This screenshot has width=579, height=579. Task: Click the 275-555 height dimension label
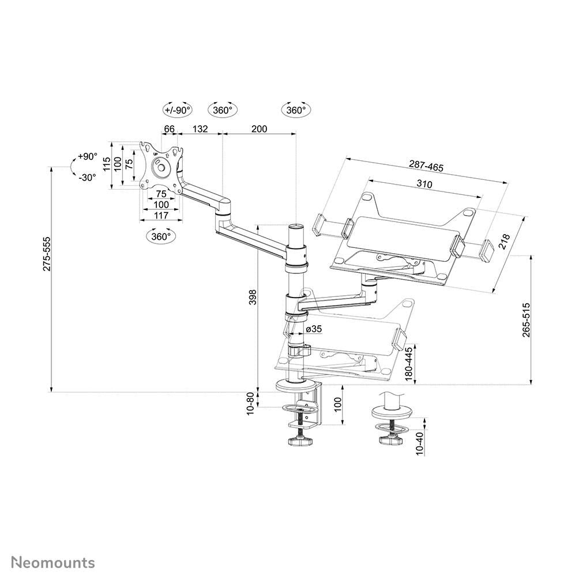point(46,254)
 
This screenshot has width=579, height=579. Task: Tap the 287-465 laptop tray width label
point(426,167)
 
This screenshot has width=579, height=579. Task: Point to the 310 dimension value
point(423,184)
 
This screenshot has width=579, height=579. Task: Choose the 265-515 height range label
point(525,319)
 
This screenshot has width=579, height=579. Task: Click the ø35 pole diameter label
point(314,329)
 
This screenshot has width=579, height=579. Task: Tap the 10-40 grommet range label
point(419,443)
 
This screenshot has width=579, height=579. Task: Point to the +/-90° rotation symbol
point(177,110)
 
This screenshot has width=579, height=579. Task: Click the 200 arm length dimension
point(260,129)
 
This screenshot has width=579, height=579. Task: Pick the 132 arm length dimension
point(200,129)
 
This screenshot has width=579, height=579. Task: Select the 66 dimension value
point(170,129)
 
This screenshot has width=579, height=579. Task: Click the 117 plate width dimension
point(161,215)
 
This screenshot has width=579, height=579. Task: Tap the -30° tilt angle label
point(87,178)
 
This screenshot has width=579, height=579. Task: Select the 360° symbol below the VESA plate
point(161,236)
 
